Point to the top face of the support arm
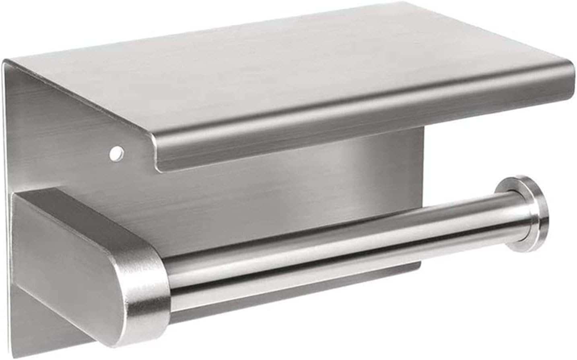point(80,209)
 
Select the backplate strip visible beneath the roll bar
point(282,288)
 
